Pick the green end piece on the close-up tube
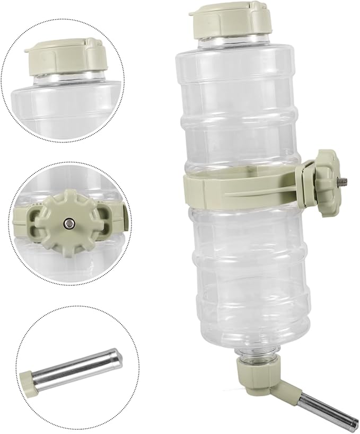[27, 380]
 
